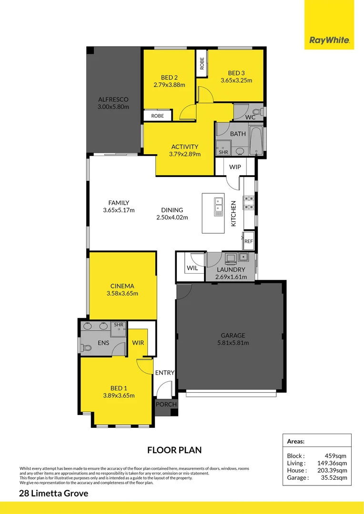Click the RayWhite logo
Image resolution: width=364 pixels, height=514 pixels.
329,40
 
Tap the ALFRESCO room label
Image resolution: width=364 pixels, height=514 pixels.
113,99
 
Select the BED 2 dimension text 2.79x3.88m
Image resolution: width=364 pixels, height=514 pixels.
169,85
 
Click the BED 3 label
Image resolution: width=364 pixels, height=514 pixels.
236,73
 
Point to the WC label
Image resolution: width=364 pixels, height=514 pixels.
251,117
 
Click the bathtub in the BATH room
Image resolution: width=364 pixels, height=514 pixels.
256,141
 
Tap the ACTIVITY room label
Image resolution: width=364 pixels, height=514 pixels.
185,147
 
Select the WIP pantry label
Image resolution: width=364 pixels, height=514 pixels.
235,167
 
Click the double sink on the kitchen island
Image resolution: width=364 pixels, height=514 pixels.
219,207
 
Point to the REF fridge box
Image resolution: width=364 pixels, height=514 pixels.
248,241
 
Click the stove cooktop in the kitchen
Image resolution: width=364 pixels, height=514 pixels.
248,203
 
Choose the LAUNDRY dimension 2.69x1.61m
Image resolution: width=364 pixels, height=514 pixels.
231,277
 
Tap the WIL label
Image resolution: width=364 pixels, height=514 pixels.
192,268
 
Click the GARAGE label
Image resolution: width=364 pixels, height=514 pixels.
233,335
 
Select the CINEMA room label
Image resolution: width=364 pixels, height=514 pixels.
122,286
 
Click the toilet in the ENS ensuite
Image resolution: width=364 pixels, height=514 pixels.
86,348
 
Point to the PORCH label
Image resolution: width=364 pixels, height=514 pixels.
166,405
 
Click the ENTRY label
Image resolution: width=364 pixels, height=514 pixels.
165,373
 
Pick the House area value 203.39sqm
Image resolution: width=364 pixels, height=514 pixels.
332,470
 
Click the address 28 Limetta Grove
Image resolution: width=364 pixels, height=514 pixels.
53,494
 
